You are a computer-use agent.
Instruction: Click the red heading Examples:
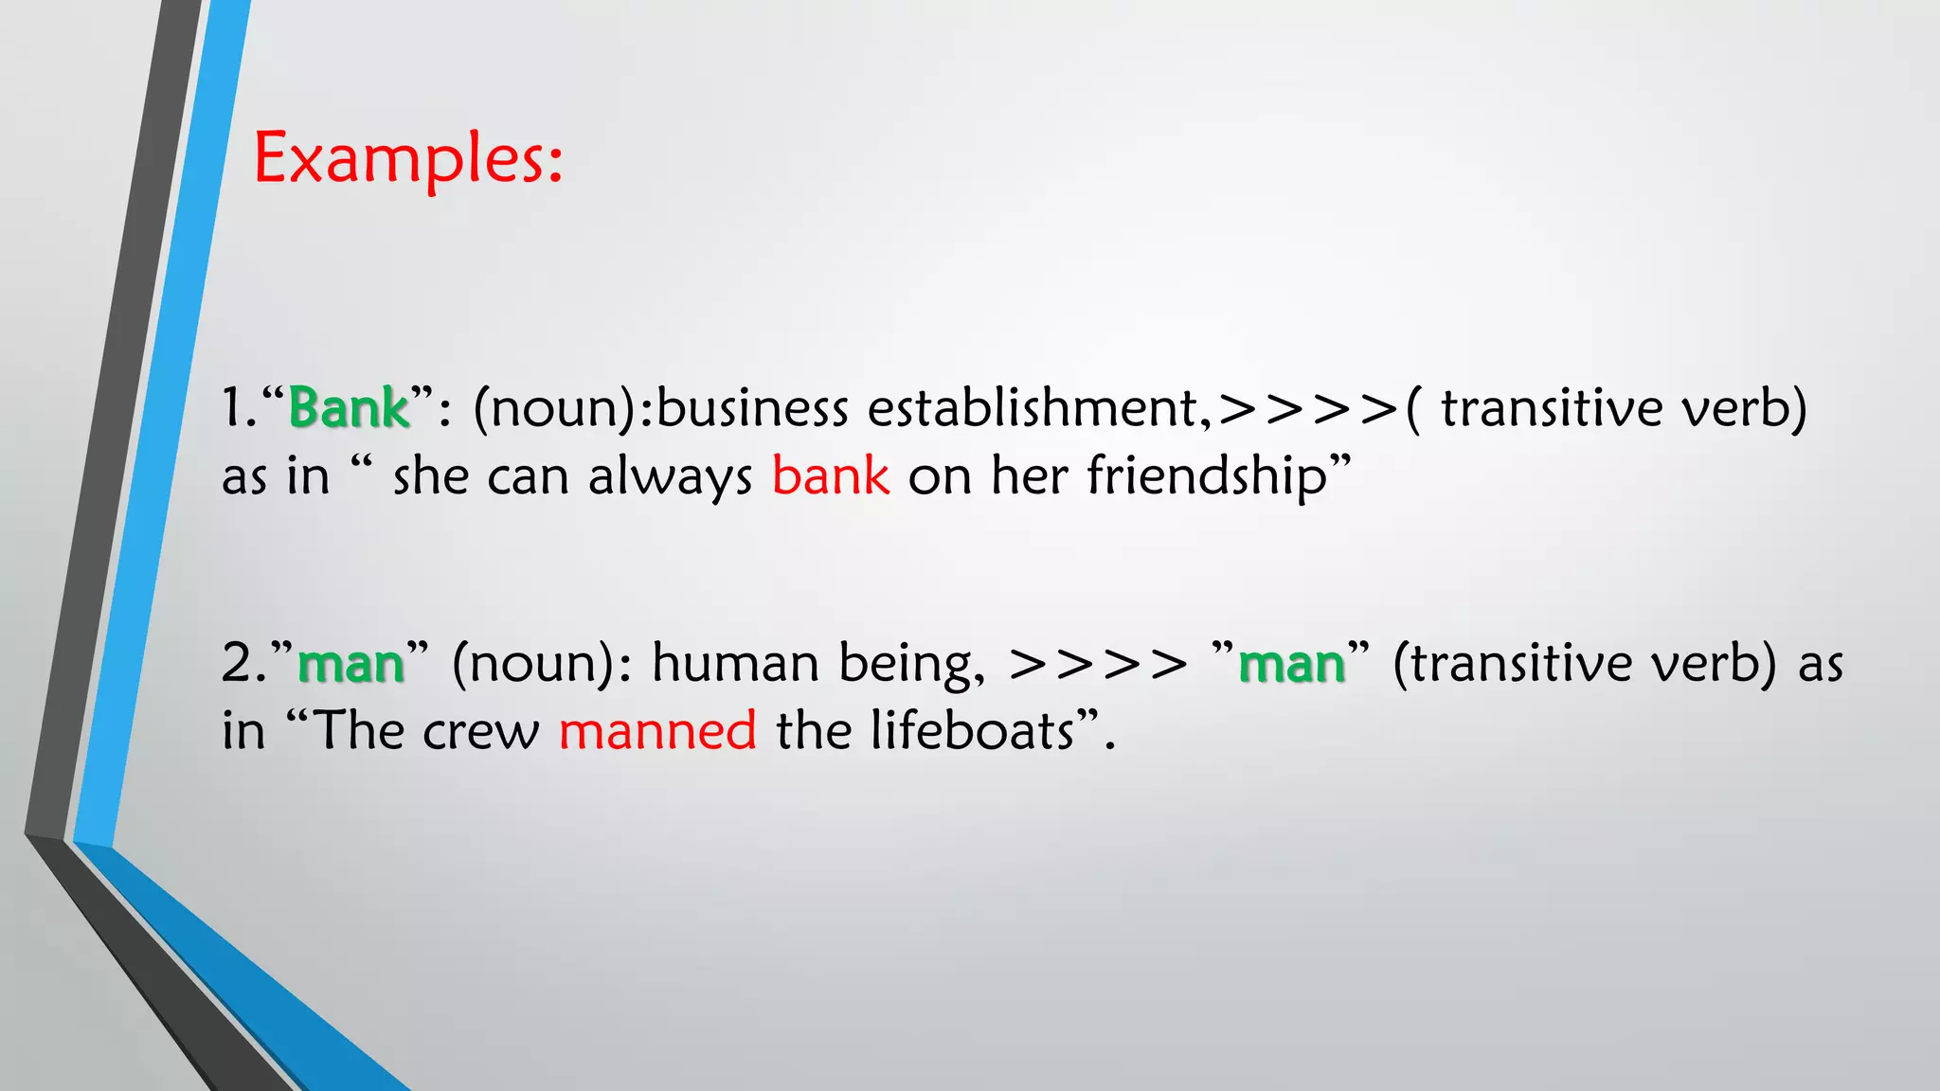[x=408, y=159]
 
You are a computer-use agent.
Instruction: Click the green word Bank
[x=349, y=409]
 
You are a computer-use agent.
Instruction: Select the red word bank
[x=831, y=475]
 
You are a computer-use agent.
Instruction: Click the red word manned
[x=657, y=731]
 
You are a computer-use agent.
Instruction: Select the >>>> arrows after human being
[x=1097, y=664]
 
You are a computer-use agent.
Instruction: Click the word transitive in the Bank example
[x=1551, y=409]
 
